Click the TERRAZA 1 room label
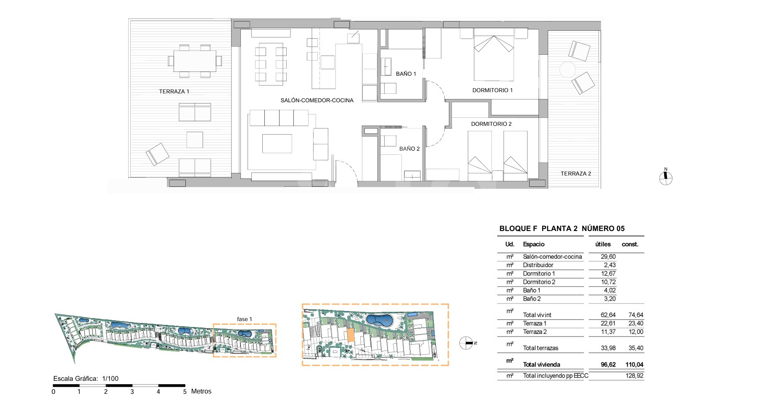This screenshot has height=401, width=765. click(x=174, y=91)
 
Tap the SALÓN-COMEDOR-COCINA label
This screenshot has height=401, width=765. click(x=317, y=100)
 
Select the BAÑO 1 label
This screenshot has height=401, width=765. click(x=406, y=74)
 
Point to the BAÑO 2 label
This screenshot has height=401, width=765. click(x=409, y=149)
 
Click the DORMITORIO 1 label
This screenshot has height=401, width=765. click(x=493, y=90)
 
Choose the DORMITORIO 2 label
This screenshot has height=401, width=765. click(x=491, y=124)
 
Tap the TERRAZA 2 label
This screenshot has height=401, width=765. click(x=576, y=173)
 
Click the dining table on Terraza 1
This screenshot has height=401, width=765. click(x=195, y=61)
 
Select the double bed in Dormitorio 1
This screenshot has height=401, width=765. click(x=494, y=54)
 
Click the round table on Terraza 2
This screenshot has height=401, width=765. click(x=567, y=69)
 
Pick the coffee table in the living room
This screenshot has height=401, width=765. click(x=277, y=143)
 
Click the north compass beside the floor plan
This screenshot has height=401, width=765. click(x=666, y=178)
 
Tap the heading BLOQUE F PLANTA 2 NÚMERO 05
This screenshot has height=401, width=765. click(x=562, y=228)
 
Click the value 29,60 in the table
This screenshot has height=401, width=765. click(x=608, y=257)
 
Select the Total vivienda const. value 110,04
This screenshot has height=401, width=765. click(x=634, y=365)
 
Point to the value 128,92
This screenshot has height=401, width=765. click(x=634, y=376)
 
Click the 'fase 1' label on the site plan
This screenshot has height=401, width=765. click(x=245, y=319)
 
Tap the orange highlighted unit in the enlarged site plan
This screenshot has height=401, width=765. click(x=351, y=335)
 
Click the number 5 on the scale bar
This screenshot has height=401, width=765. click(x=185, y=392)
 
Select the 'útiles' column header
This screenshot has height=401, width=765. click(x=603, y=244)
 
